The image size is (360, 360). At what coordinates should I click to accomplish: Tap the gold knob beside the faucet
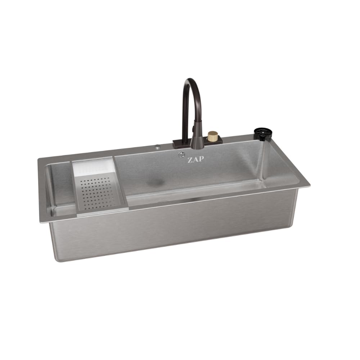click(x=212, y=136)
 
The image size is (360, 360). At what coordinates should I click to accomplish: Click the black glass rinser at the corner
click(x=262, y=134)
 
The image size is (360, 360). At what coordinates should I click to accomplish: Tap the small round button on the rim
click(x=157, y=147)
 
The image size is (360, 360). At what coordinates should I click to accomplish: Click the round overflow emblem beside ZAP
click(x=181, y=155)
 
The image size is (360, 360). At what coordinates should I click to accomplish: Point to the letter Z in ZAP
click(x=189, y=160)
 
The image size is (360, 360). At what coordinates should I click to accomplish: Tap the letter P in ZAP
click(x=201, y=160)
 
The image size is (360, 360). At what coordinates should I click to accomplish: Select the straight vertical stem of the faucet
click(x=185, y=115)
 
